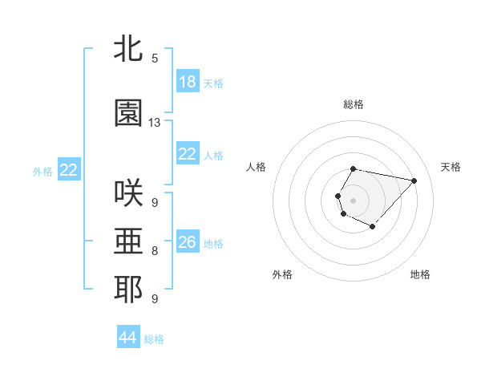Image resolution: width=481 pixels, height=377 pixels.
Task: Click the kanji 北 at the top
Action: (129, 49)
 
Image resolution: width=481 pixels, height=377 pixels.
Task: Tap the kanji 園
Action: (129, 113)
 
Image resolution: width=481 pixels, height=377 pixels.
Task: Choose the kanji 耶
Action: (129, 290)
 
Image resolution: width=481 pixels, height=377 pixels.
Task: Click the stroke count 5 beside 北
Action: (155, 58)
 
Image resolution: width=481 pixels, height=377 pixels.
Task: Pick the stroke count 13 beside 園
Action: (155, 122)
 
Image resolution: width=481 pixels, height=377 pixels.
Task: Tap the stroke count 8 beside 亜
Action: (155, 251)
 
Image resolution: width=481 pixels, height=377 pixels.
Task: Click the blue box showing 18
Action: (187, 82)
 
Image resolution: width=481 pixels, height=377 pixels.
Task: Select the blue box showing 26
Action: (187, 242)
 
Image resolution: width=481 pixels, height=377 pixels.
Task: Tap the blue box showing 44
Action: (127, 338)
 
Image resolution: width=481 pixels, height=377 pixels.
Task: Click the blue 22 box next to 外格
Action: (68, 170)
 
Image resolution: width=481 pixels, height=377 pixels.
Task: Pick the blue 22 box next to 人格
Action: (187, 154)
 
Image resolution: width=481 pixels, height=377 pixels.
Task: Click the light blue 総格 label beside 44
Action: (154, 339)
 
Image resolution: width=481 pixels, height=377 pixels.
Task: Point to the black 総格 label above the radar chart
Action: (354, 104)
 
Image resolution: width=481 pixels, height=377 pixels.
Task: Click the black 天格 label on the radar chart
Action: (451, 167)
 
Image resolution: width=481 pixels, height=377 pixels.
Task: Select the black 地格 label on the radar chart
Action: (420, 274)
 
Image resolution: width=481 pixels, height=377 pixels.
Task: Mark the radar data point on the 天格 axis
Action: (414, 180)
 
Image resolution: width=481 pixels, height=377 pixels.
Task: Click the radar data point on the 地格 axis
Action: (373, 227)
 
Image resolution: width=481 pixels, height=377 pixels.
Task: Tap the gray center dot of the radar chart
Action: (354, 199)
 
